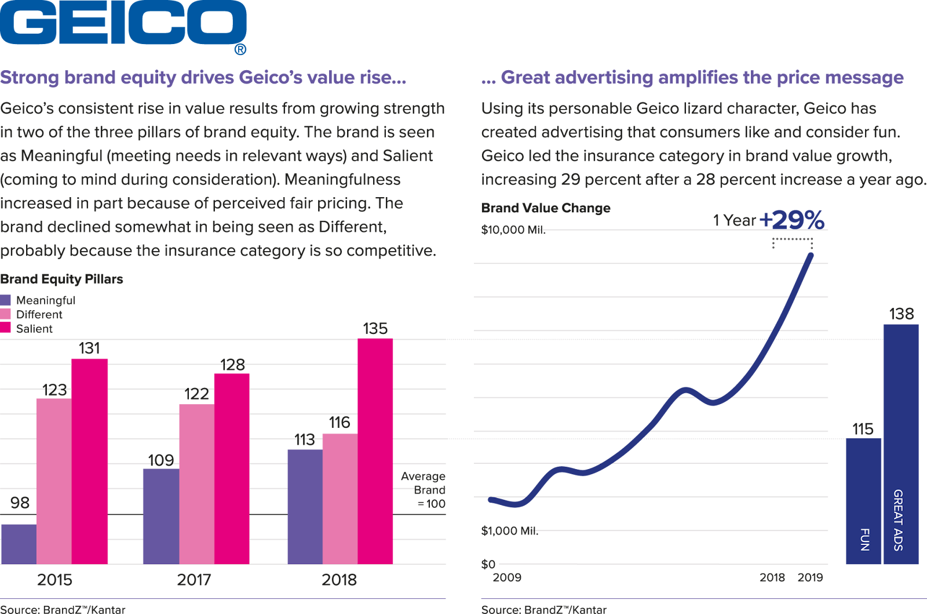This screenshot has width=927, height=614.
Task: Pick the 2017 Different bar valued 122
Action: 196,484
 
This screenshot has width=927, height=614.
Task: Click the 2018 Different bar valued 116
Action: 340,499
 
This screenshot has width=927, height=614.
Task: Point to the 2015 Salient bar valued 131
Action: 90,461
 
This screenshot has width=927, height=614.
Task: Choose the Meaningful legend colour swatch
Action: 6,300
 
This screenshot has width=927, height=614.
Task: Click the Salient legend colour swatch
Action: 6,328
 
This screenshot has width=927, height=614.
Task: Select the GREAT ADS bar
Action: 901,444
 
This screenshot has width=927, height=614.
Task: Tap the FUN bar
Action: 863,501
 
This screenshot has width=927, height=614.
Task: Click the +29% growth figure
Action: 791,220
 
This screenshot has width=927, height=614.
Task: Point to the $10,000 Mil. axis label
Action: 512,230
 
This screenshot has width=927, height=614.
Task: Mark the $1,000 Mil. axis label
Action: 509,531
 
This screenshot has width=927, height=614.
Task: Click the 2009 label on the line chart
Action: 507,577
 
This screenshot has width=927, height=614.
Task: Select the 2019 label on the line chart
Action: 810,577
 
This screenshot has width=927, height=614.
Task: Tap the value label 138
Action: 902,314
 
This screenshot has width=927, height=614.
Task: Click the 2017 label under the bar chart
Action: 194,580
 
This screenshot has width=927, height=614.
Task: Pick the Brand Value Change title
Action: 546,208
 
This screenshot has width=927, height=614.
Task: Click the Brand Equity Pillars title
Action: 61,279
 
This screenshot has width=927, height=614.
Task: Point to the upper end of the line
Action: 811,255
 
